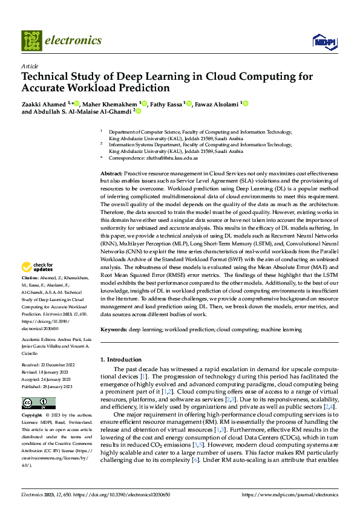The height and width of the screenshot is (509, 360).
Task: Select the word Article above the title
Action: (x=30, y=66)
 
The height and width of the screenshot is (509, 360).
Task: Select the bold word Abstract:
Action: (x=112, y=173)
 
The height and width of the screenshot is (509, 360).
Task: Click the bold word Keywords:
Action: (x=114, y=329)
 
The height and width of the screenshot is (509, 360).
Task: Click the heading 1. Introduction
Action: (x=124, y=360)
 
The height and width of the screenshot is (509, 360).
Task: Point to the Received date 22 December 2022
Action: (x=43, y=365)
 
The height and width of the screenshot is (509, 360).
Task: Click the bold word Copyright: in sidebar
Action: (x=31, y=415)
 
